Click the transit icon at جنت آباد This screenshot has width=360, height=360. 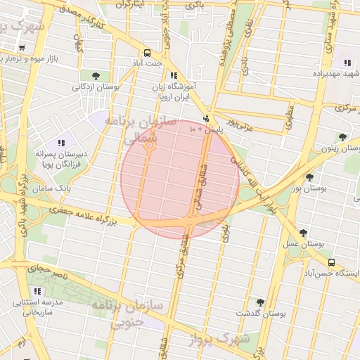click(147, 53)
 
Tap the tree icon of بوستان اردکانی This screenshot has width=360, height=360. click(96, 75)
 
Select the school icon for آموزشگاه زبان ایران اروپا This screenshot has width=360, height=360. click(173, 75)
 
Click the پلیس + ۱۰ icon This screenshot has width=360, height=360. click(206, 119)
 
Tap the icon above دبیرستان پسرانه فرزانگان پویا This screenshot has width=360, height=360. click(62, 141)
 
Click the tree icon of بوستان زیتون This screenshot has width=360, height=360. click(342, 136)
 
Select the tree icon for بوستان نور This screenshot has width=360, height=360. click(310, 178)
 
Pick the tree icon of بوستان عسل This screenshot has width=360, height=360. click(303, 233)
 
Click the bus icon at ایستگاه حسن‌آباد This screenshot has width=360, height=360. click(331, 262)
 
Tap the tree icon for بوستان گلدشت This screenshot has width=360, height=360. click(260, 302)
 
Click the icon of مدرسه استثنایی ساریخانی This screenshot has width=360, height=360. click(37, 290)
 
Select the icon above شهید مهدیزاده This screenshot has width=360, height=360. click(345, 62)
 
